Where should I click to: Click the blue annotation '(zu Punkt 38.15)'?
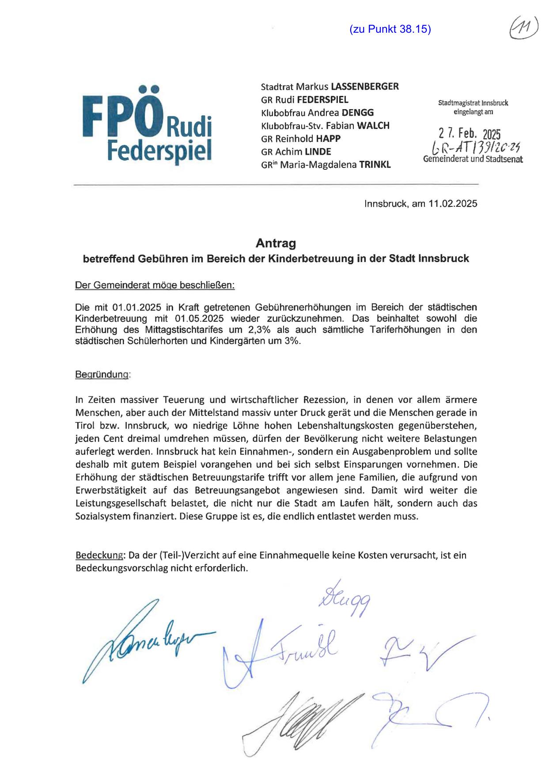click(390, 29)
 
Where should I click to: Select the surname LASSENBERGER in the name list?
click(361, 86)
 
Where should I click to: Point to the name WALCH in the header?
click(373, 126)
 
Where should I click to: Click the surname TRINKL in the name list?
click(375, 165)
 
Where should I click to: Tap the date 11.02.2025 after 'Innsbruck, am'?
click(453, 204)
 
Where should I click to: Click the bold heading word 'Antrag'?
click(276, 243)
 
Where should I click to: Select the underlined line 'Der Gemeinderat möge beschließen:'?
click(155, 285)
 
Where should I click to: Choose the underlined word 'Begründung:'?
click(103, 375)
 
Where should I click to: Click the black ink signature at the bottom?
click(305, 718)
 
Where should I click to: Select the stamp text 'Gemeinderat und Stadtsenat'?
click(473, 159)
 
